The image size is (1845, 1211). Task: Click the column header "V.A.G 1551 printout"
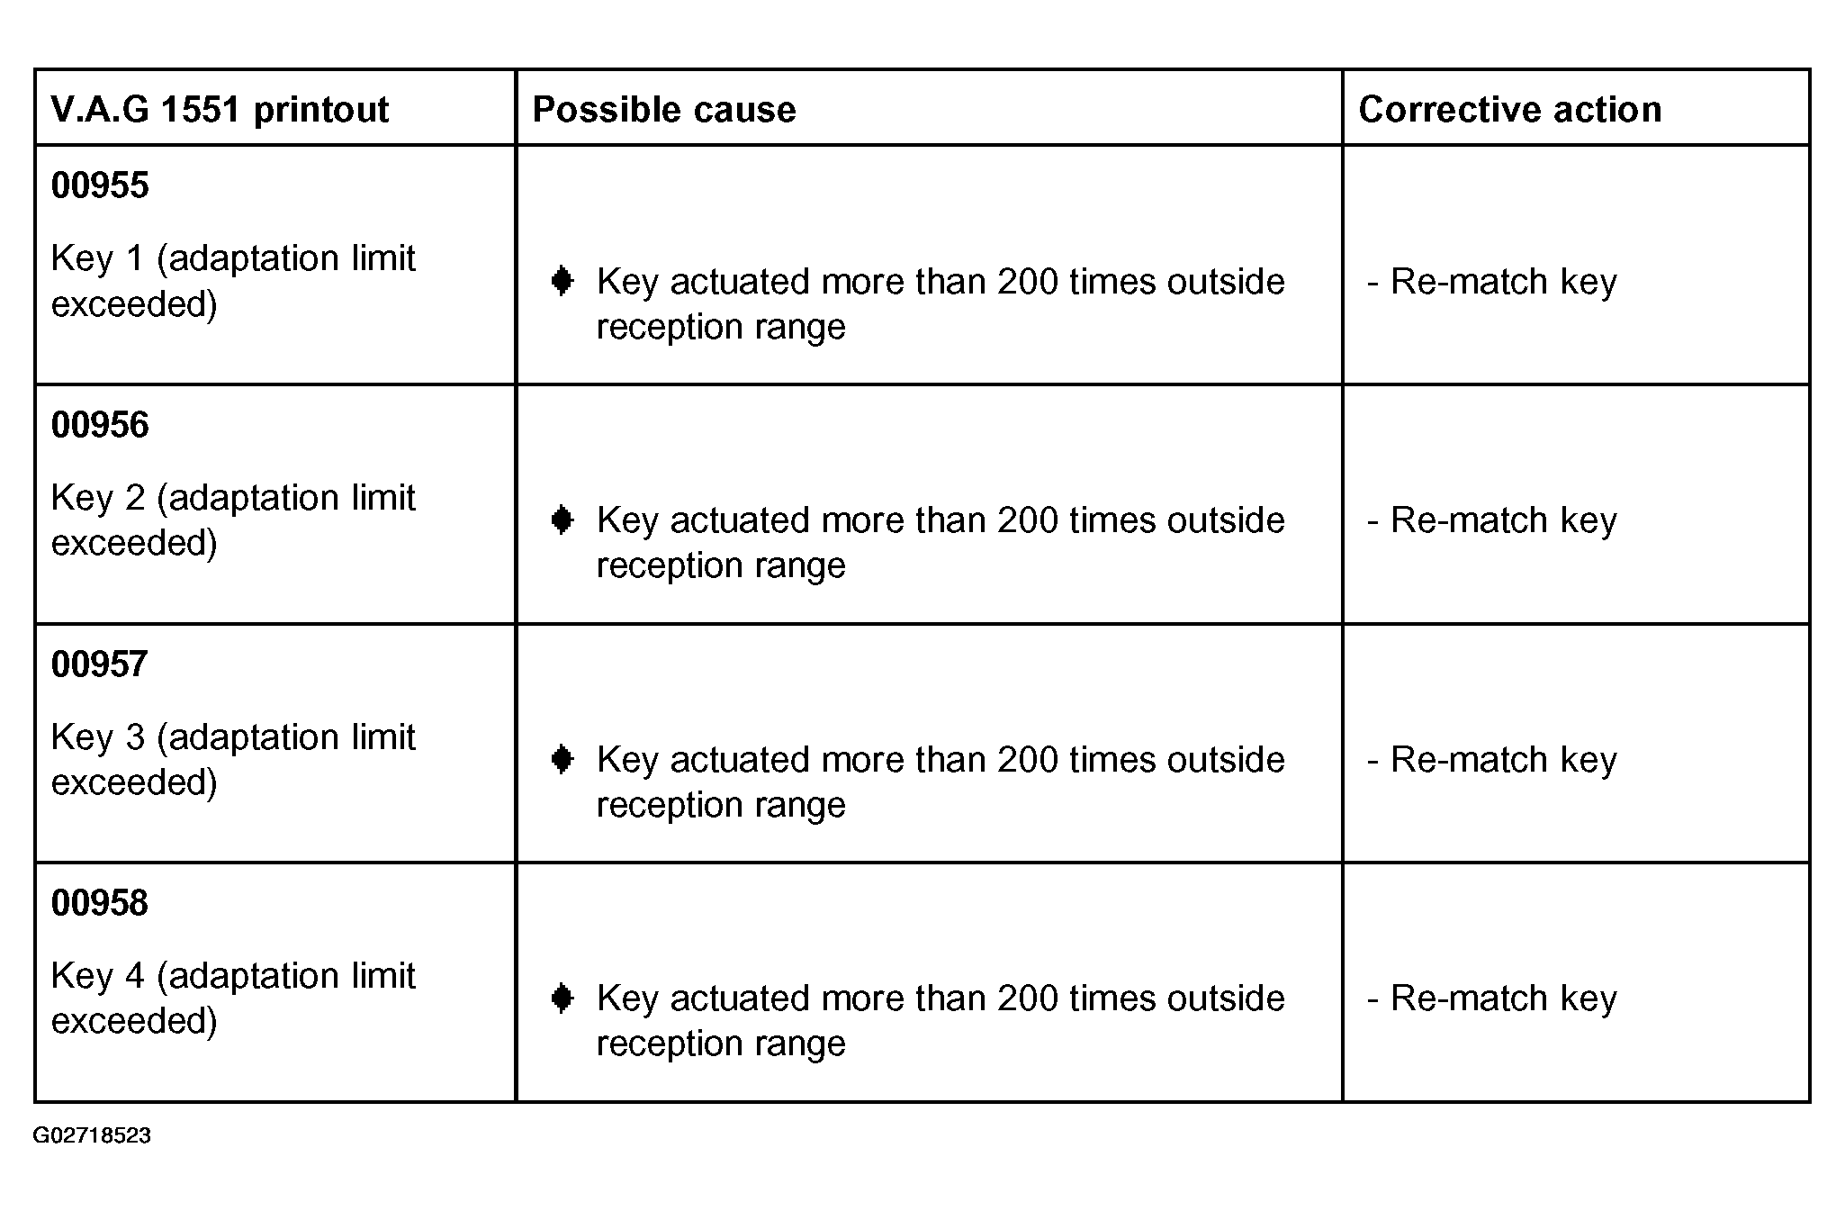click(220, 110)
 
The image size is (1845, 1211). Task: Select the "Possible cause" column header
click(664, 110)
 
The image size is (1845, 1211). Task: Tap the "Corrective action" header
click(1509, 110)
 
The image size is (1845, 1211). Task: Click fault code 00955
click(100, 185)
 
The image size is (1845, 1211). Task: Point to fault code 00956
click(100, 425)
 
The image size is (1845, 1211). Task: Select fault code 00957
click(100, 664)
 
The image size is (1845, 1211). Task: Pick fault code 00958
click(100, 903)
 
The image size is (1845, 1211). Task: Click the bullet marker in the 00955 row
click(562, 282)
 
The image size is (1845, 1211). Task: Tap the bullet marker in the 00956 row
click(562, 520)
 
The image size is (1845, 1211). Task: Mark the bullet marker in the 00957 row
click(562, 760)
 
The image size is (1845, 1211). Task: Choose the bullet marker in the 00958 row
click(562, 999)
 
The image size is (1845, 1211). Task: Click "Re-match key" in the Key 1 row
click(1503, 282)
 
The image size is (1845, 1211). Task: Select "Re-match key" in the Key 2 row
click(1503, 520)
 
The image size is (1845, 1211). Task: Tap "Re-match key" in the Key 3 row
click(1503, 760)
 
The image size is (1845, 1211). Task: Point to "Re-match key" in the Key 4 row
click(1503, 999)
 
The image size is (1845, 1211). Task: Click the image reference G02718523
click(92, 1135)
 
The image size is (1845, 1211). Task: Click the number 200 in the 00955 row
click(1028, 282)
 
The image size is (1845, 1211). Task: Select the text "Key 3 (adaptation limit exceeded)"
click(232, 759)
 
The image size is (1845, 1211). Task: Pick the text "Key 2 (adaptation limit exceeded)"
click(232, 520)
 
